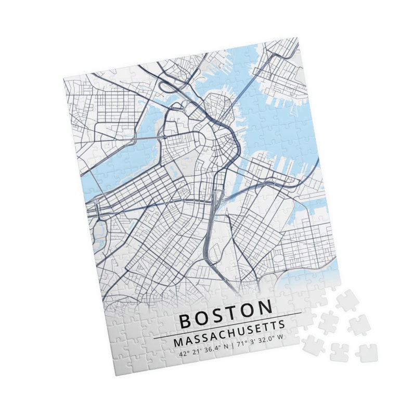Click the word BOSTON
pos(226,313)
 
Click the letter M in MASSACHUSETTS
pos(178,343)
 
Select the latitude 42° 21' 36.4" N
pos(203,352)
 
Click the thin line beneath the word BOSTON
pos(227,326)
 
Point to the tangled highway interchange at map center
pos(217,198)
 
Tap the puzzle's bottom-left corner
pos(113,373)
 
